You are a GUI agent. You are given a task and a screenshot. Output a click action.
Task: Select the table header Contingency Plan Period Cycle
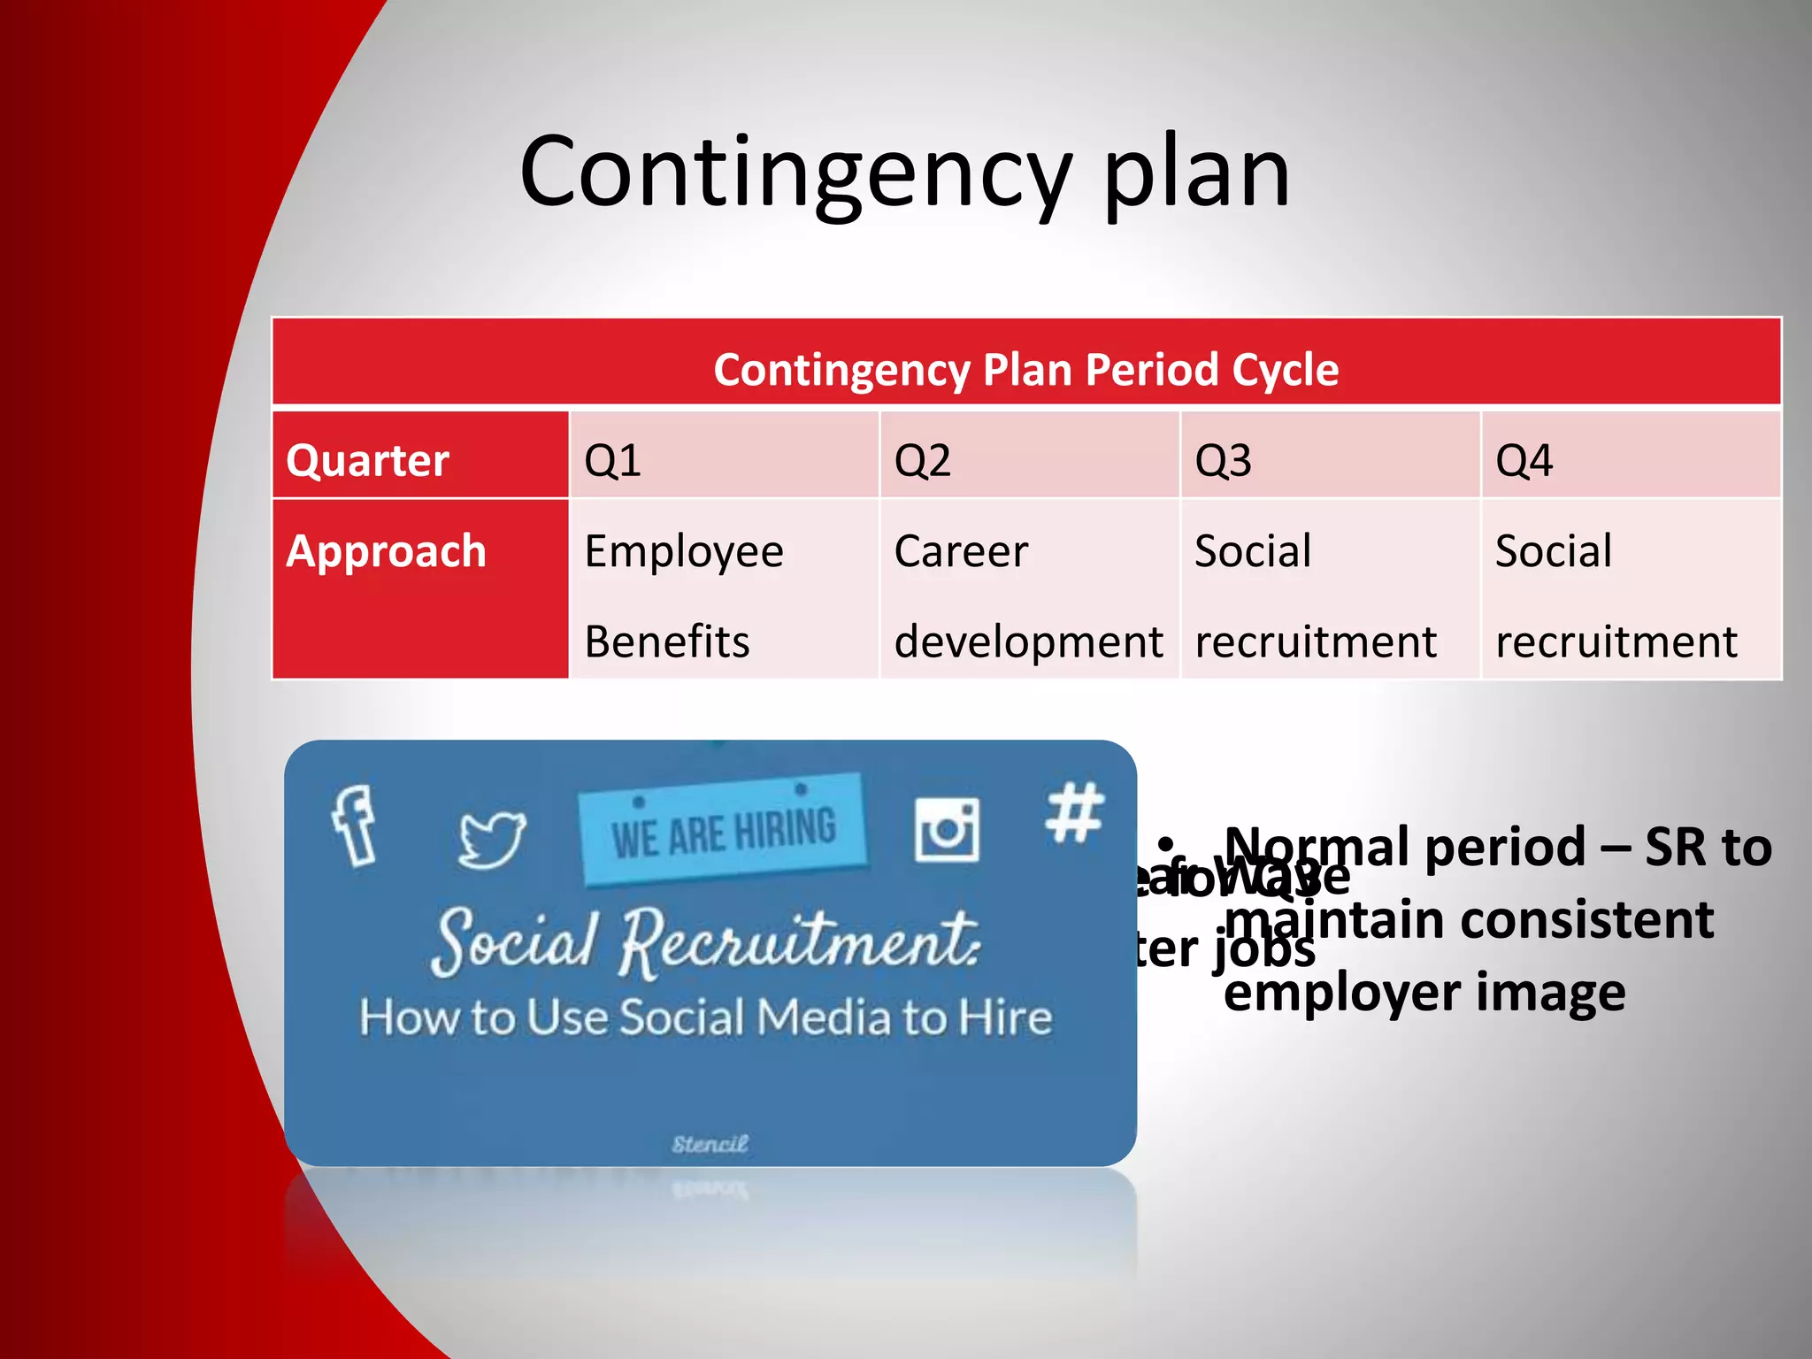coord(1026,369)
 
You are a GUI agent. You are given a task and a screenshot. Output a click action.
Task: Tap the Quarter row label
coord(367,461)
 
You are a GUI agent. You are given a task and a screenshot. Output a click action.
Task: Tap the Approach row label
coord(387,551)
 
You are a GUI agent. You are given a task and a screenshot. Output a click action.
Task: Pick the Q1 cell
coord(612,461)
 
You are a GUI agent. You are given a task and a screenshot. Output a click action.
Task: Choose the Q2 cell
coord(922,461)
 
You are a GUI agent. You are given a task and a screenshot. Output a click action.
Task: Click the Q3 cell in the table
coord(1223,461)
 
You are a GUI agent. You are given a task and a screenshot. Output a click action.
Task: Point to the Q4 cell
coord(1524,461)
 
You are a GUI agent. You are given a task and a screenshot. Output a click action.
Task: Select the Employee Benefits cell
coord(684,595)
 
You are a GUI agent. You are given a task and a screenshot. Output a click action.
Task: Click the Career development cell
coord(1028,595)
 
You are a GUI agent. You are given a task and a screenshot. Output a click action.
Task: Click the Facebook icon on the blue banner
coord(355,825)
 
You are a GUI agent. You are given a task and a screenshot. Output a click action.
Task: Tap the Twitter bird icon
coord(492,838)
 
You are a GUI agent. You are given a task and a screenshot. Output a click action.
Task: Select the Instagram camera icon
coord(947,829)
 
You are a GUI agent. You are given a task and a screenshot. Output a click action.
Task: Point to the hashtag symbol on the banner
coord(1074,811)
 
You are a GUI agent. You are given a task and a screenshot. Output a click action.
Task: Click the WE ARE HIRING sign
coord(723,830)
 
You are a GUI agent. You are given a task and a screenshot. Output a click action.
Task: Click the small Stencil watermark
coord(710,1144)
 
